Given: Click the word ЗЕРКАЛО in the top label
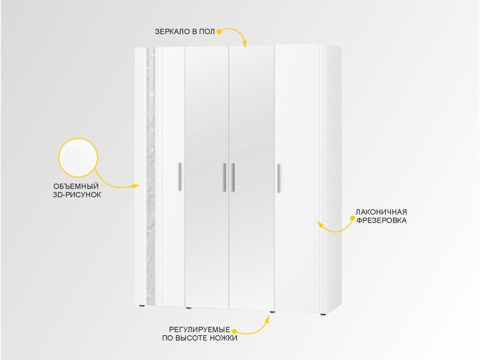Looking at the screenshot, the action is click(x=173, y=32).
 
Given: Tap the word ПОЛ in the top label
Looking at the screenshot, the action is click(x=207, y=32).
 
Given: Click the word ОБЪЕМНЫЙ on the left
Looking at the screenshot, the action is click(x=76, y=186).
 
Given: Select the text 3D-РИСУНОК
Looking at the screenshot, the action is click(x=77, y=195).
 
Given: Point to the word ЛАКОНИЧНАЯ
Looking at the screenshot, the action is click(x=381, y=212).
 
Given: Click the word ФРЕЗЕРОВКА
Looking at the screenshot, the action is click(x=382, y=220).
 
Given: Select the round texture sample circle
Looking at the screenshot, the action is click(x=78, y=158).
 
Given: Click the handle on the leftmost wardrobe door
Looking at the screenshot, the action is click(x=180, y=177).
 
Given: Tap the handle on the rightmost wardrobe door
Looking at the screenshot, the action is click(x=278, y=178).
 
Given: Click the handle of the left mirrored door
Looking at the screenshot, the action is click(x=224, y=178).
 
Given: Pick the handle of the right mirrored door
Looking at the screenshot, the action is click(x=233, y=178).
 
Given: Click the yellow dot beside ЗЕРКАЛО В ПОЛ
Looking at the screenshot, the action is click(x=219, y=32).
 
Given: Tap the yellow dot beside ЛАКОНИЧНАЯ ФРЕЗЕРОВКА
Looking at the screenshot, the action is click(x=352, y=218).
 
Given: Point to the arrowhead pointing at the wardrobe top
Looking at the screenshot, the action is click(x=245, y=44).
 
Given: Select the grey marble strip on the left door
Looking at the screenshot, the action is click(x=150, y=177).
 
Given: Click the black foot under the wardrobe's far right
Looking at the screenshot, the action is click(x=323, y=314).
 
